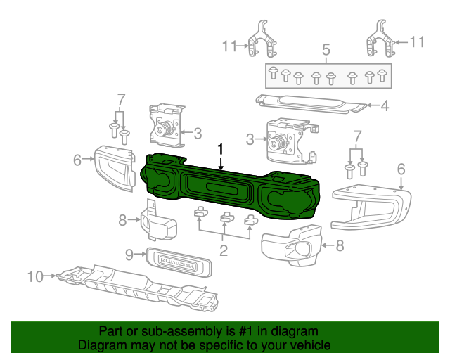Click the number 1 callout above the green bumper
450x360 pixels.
(221, 149)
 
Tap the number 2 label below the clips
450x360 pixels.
(224, 250)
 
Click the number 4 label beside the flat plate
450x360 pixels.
(385, 107)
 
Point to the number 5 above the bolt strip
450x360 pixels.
(326, 50)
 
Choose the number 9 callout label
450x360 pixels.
(129, 254)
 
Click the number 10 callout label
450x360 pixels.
(35, 277)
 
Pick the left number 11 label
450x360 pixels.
(229, 46)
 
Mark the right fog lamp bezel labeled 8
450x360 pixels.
(291, 246)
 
